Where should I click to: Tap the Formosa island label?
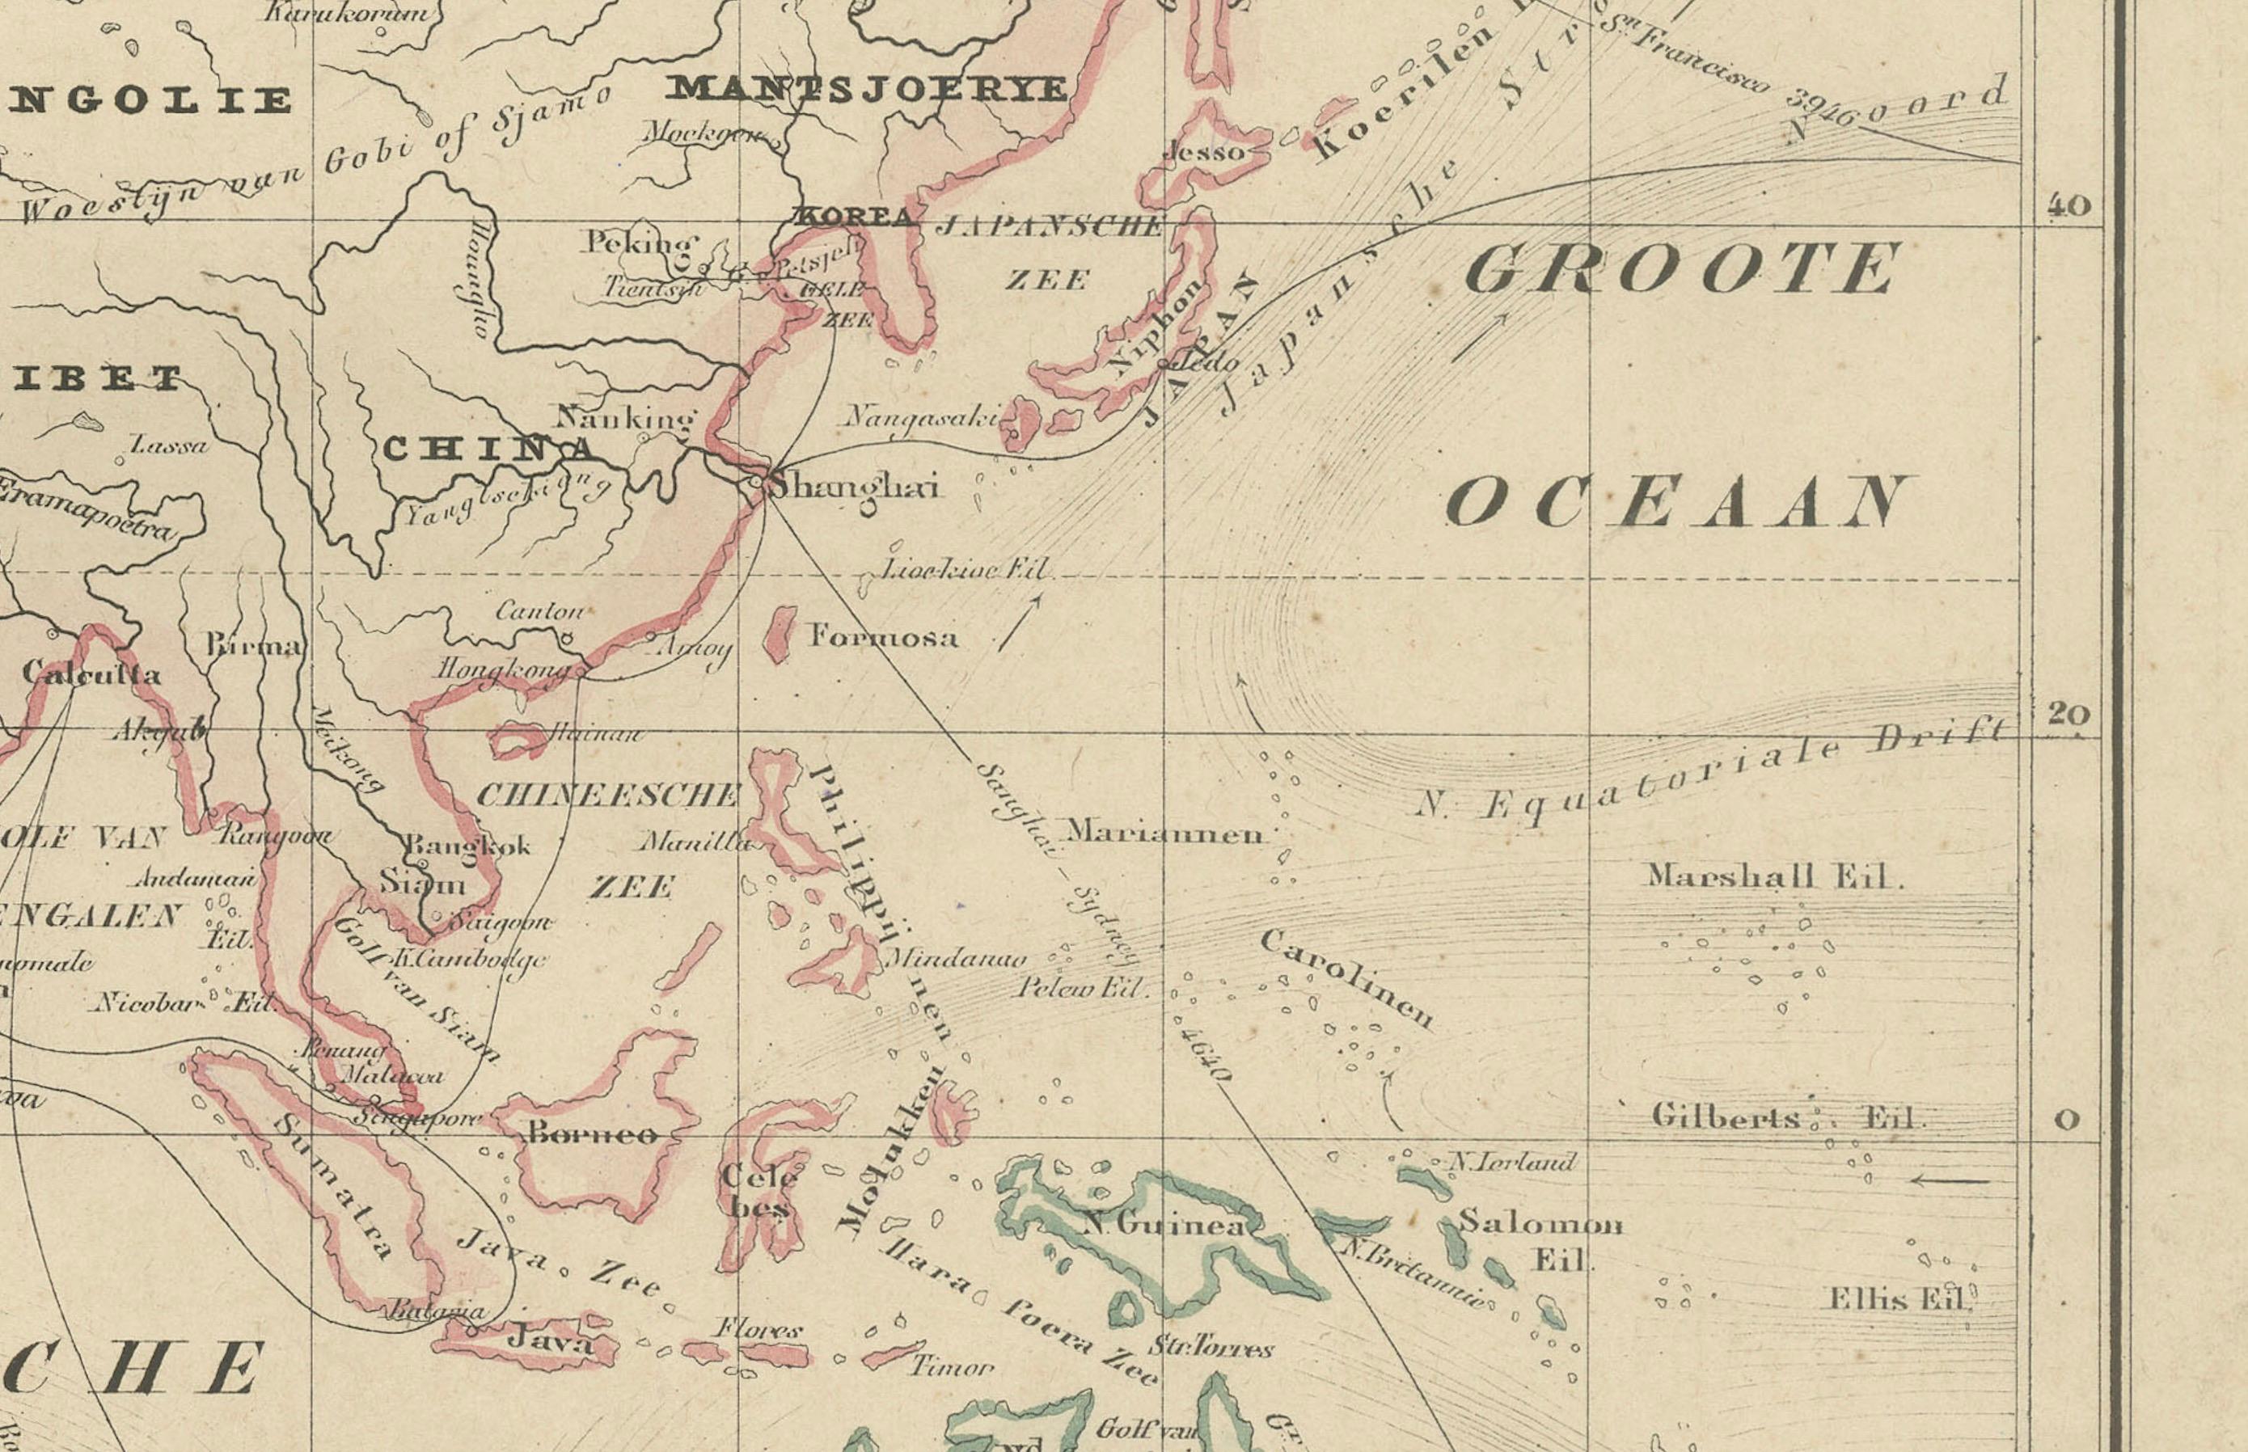[884, 637]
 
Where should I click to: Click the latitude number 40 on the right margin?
[2068, 205]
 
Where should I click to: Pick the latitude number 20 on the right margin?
[2068, 714]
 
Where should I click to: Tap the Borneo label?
[592, 1133]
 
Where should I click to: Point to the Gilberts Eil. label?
[1784, 1119]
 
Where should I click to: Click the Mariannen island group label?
[1164, 834]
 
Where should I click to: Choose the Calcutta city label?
[91, 673]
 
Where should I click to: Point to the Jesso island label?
[1203, 152]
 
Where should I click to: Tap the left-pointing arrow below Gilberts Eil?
[1950, 1180]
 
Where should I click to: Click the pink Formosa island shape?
[780, 635]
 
